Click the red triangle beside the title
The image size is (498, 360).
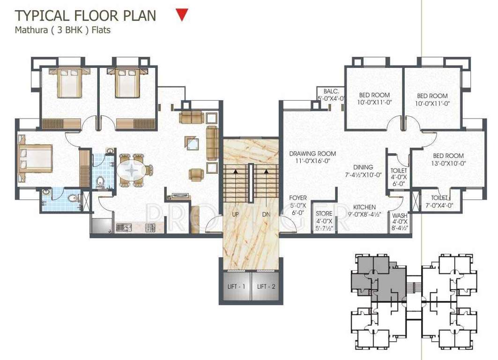182,15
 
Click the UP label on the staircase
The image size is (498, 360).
236,214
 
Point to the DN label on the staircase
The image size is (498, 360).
266,214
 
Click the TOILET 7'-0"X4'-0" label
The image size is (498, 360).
439,202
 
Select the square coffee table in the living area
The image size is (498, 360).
192,143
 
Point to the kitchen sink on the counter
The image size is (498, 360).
125,228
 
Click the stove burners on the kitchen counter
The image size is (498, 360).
150,228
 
